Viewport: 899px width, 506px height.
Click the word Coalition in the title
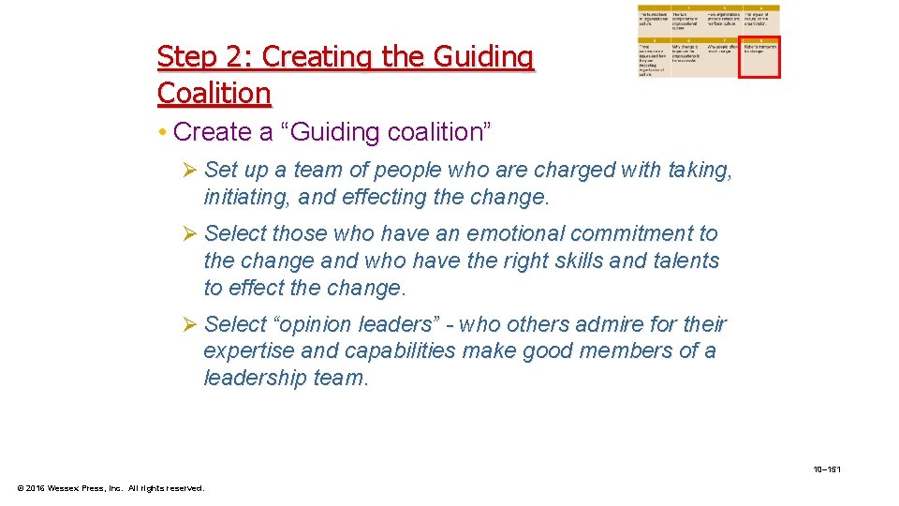[x=214, y=94]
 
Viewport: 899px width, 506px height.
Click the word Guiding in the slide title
[x=483, y=58]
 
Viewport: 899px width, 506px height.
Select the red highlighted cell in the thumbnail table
[x=759, y=56]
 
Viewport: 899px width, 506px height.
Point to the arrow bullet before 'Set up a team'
[x=190, y=171]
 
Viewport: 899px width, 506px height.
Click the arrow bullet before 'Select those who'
[x=190, y=233]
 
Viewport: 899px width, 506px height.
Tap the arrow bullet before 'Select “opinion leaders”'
[x=190, y=324]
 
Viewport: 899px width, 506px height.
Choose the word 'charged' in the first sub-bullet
[x=564, y=171]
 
